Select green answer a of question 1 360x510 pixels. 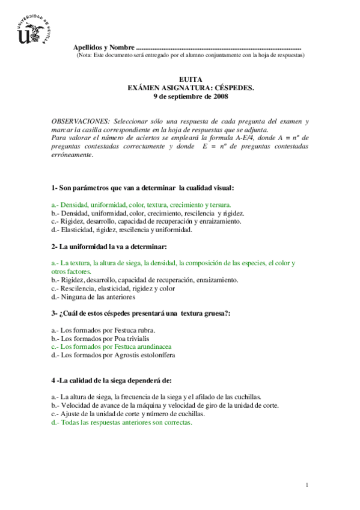(x=141, y=204)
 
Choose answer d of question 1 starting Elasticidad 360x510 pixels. (x=122, y=229)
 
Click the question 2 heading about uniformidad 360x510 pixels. (x=109, y=247)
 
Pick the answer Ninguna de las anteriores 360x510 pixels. (x=94, y=296)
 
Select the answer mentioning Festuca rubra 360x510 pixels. (x=103, y=330)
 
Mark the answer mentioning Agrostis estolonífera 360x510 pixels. (x=114, y=355)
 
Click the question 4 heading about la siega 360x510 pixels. (x=112, y=380)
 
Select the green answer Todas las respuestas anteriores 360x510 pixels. (x=122, y=422)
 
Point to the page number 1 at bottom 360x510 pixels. (x=307, y=485)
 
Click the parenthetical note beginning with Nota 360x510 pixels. (x=191, y=55)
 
